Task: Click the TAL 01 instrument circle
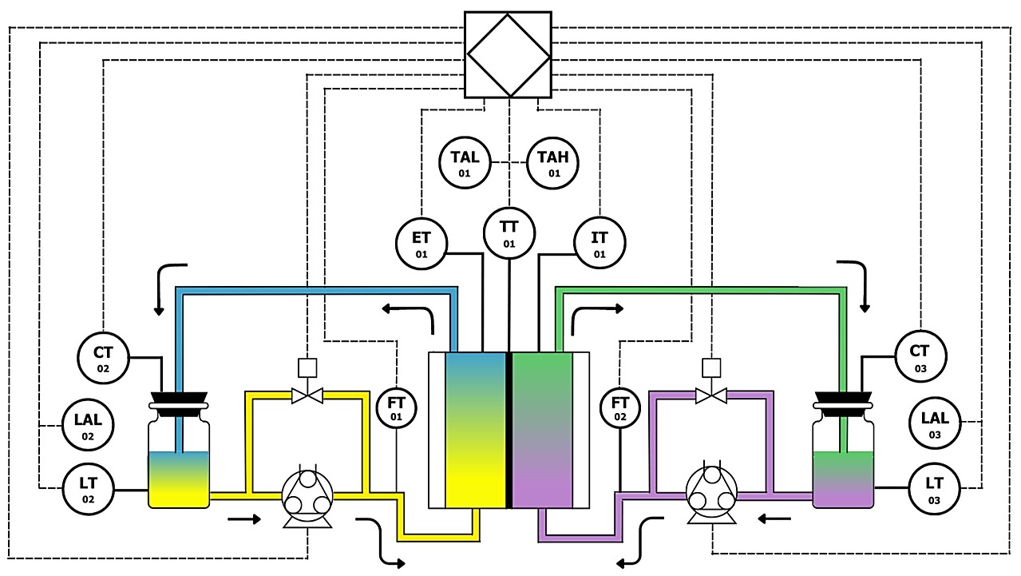click(464, 162)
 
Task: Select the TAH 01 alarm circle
click(553, 162)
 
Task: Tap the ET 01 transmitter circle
click(421, 243)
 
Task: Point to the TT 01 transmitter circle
click(509, 232)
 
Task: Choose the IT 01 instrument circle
click(600, 243)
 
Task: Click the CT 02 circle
click(103, 357)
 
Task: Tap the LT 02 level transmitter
click(89, 488)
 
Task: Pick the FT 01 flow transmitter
click(397, 407)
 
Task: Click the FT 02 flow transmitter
click(620, 407)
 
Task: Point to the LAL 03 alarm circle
click(935, 423)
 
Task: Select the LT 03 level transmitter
click(935, 488)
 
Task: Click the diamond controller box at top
click(509, 54)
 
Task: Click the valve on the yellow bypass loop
click(307, 395)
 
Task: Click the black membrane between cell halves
click(509, 429)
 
